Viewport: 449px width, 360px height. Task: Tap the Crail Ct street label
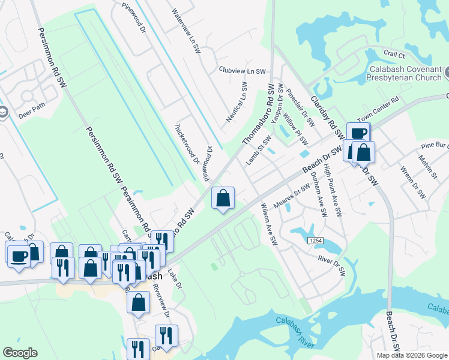393,54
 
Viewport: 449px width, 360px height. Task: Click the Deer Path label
31,112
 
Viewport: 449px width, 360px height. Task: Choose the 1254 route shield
316,241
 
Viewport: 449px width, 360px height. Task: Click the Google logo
20,353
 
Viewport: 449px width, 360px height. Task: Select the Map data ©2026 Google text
412,355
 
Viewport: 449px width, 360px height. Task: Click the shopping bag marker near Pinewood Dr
223,198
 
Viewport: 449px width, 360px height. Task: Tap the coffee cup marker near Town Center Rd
358,134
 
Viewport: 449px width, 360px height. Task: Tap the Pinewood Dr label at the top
134,20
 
